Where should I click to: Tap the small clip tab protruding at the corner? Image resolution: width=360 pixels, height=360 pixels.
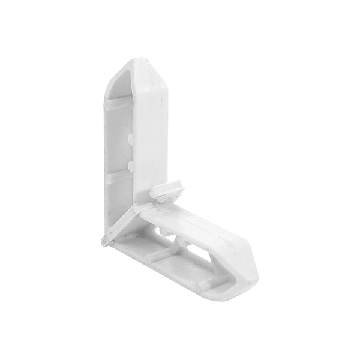(x=167, y=191)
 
